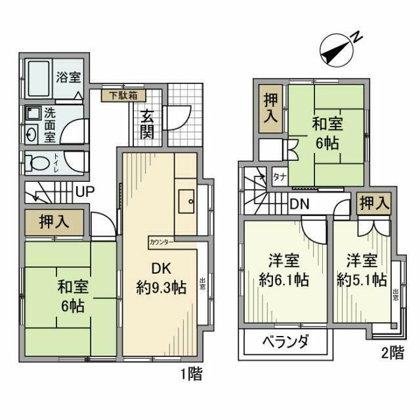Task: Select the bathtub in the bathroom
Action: tap(39, 77)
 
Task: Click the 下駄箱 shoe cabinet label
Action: tap(123, 95)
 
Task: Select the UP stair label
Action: tap(83, 192)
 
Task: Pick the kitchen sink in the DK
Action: tap(186, 200)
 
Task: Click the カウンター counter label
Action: tap(161, 241)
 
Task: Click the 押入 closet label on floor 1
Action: tap(54, 222)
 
